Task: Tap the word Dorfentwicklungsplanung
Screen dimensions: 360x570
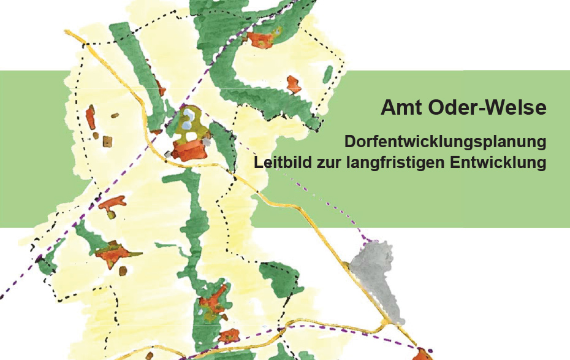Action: point(445,142)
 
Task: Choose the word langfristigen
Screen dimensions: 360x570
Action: point(396,164)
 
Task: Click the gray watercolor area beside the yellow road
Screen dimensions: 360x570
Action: point(373,276)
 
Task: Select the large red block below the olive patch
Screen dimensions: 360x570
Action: point(189,149)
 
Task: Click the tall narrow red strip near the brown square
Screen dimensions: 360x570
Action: point(91,117)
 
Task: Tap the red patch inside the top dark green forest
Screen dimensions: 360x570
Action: point(260,39)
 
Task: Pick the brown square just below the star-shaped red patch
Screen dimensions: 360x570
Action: point(123,270)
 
